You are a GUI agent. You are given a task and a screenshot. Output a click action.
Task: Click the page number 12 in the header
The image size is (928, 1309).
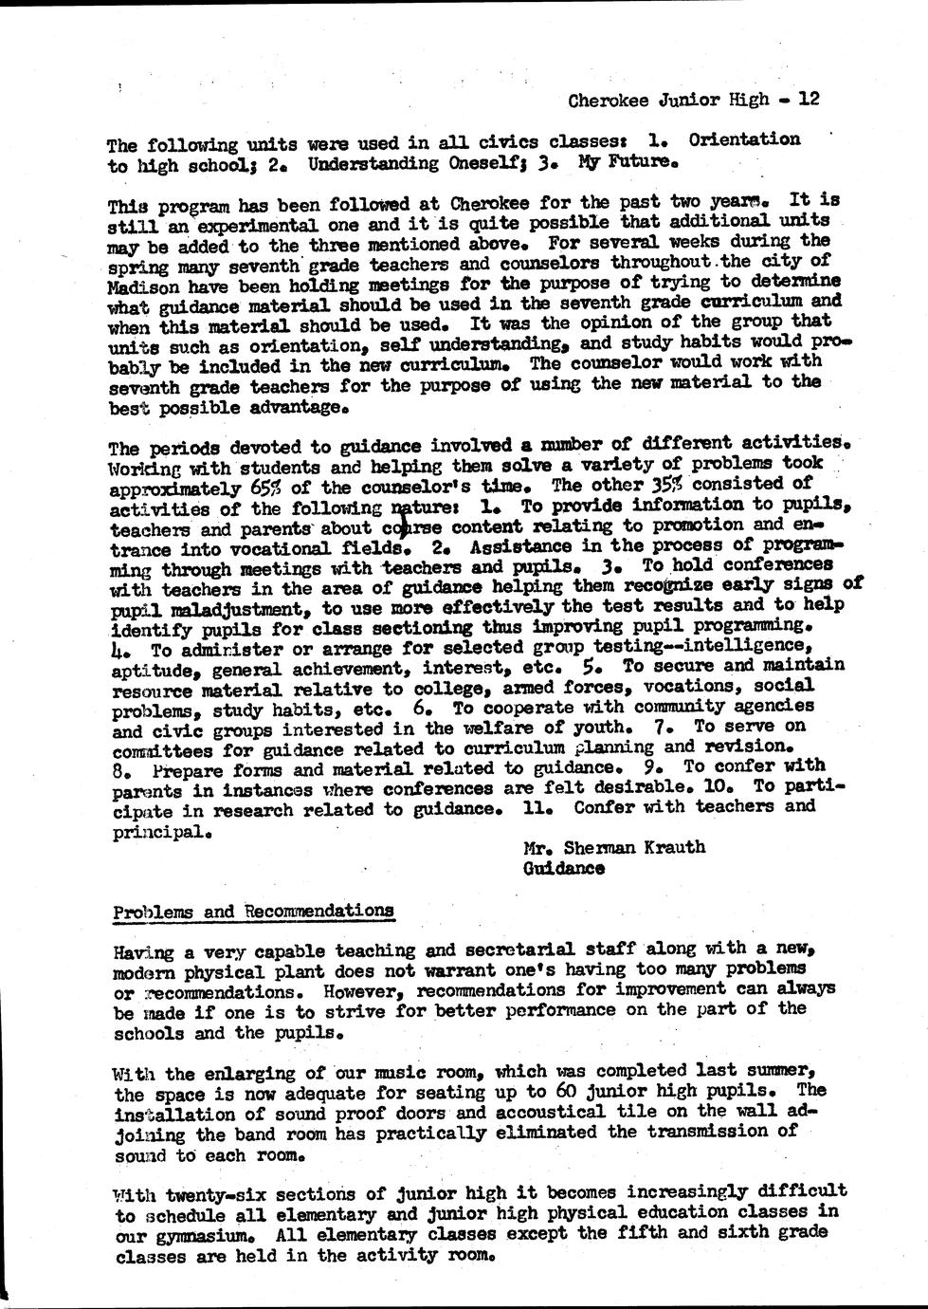point(809,98)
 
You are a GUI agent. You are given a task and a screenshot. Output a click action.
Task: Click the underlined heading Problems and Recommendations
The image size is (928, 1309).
point(253,912)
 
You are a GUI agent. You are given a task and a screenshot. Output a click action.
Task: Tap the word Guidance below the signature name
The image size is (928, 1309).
point(563,868)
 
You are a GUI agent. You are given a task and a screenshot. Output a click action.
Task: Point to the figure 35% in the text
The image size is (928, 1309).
point(667,483)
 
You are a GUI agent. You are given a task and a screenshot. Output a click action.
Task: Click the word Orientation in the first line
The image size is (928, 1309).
point(743,139)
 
